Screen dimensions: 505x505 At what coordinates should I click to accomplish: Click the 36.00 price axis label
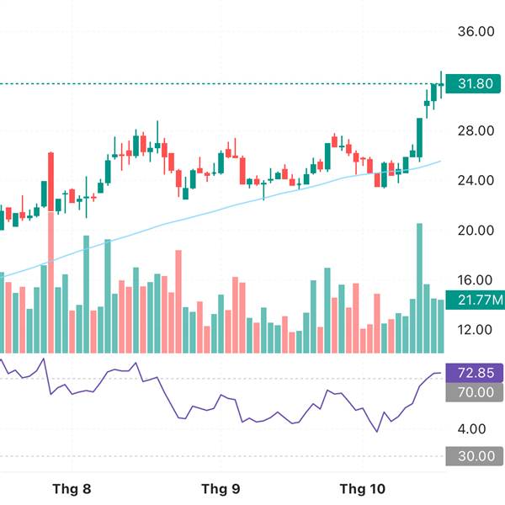474,31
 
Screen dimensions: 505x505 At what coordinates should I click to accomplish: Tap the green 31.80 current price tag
474,84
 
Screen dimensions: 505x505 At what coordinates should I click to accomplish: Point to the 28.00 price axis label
474,130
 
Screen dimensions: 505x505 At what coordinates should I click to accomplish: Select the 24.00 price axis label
474,180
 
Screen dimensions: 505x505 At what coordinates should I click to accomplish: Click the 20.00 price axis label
474,230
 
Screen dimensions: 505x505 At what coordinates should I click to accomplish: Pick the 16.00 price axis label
474,280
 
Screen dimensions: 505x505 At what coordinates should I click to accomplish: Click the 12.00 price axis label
474,329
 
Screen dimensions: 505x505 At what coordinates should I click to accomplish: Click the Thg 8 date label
72,488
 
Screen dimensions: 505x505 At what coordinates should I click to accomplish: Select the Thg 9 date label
221,488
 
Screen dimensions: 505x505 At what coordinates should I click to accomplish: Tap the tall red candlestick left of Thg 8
50,181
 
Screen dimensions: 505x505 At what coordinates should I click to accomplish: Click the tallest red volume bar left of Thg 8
50,282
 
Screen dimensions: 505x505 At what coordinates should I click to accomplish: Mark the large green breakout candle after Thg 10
419,139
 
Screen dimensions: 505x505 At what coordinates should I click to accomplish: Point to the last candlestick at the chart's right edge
441,82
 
